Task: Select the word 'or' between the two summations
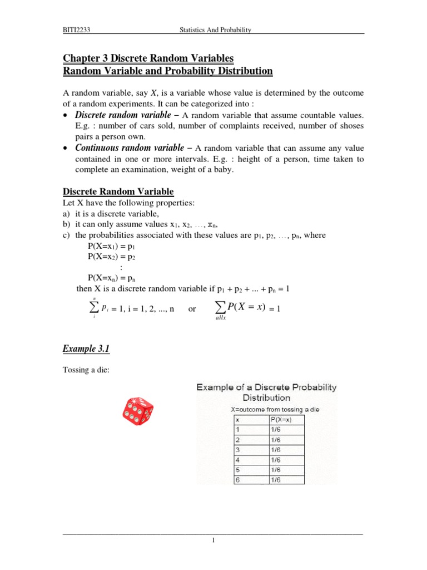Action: point(192,309)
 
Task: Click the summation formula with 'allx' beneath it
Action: point(246,309)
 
